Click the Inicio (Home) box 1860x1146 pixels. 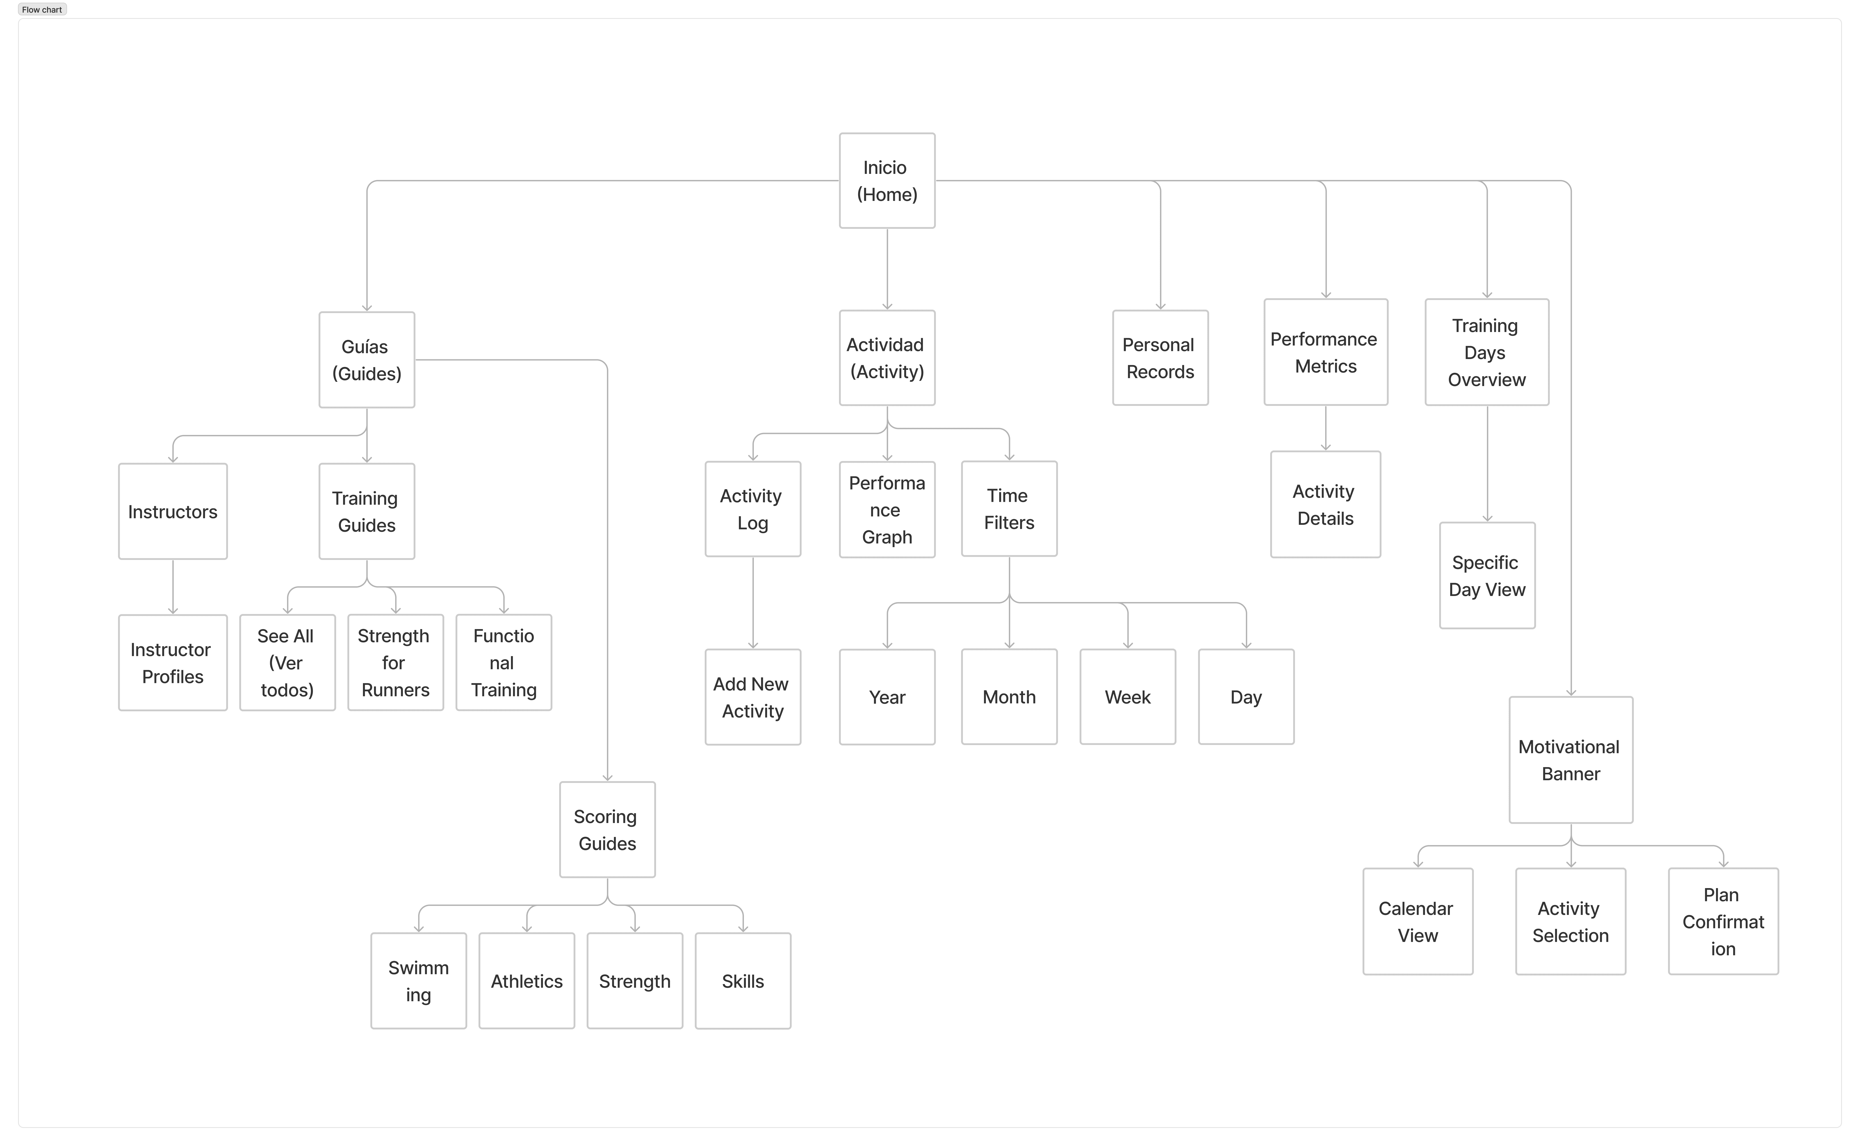[887, 180]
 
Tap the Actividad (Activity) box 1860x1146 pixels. [887, 358]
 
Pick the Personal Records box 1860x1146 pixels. [1160, 358]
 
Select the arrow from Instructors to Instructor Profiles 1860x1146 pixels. [173, 587]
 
